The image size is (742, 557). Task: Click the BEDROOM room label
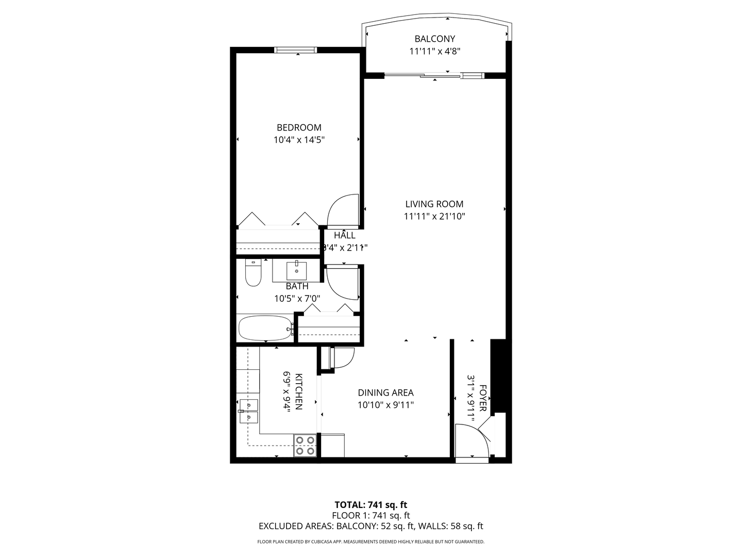point(299,127)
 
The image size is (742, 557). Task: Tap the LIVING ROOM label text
point(434,204)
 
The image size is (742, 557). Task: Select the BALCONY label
point(435,39)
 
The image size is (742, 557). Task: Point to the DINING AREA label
point(385,393)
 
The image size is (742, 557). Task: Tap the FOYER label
point(483,398)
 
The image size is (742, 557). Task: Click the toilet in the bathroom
point(252,273)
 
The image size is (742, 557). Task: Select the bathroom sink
point(296,270)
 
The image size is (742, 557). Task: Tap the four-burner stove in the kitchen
point(305,446)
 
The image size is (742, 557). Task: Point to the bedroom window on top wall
point(295,50)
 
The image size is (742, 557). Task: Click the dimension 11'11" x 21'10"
point(434,217)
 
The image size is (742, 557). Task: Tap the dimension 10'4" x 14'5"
point(299,140)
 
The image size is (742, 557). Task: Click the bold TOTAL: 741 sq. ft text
point(371,505)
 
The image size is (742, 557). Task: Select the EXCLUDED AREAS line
point(371,527)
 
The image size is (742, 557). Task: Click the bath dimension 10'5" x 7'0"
point(297,298)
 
